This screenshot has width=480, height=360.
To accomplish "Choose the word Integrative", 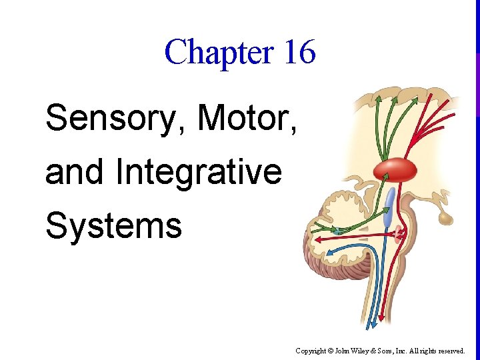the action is [199, 172].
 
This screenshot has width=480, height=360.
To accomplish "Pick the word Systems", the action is [113, 225].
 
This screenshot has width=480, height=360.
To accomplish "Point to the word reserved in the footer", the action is [451, 350].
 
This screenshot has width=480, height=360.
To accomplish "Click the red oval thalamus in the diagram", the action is [395, 170].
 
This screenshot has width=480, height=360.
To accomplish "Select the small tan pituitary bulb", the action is [443, 217].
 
